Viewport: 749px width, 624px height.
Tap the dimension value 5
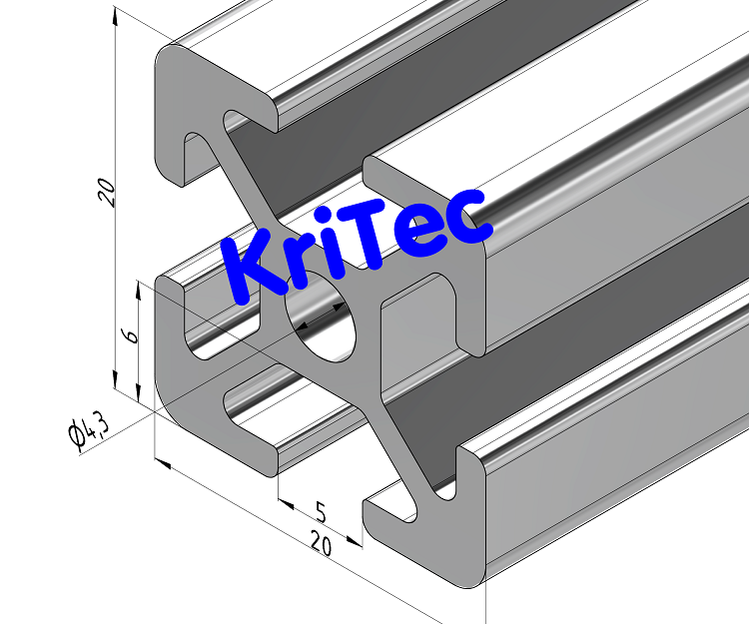[x=321, y=512]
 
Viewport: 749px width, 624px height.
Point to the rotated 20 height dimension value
[x=107, y=192]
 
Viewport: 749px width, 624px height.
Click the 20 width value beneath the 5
[x=321, y=544]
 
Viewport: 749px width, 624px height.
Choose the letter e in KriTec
[x=418, y=232]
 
